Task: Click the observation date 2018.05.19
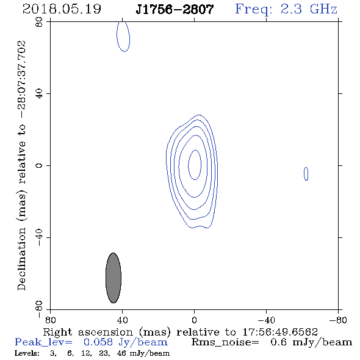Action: coord(62,9)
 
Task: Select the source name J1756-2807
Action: coord(175,9)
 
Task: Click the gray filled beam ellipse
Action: coord(113,278)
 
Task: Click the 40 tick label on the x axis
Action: coord(122,320)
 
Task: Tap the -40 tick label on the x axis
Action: coord(266,320)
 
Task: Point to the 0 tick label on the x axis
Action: coord(194,320)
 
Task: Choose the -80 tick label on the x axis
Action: coord(338,320)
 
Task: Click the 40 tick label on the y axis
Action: coord(39,94)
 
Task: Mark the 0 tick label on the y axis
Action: coord(39,165)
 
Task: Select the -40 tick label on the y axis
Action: coord(39,237)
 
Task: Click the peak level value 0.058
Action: coord(98,342)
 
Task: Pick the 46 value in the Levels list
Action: coord(121,353)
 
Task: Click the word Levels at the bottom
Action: coord(27,353)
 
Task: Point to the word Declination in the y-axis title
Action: coord(21,259)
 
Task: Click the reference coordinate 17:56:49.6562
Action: coord(280,332)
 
